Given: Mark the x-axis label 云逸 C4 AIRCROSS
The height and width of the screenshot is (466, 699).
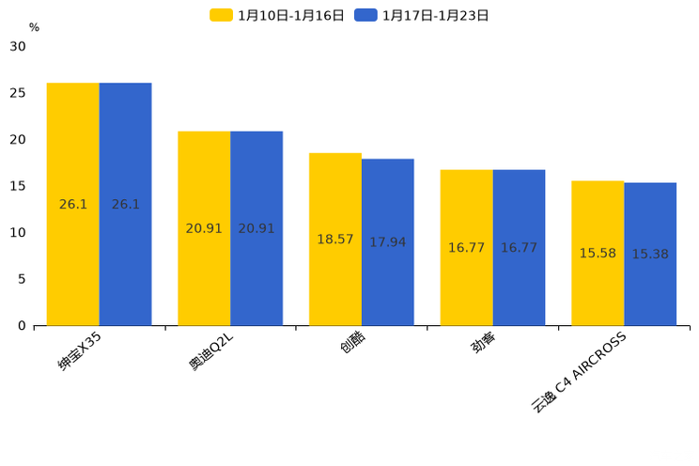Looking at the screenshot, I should [x=579, y=372].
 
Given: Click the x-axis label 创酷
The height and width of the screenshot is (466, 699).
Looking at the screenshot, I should [x=352, y=344].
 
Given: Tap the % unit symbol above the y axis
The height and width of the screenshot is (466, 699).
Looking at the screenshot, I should [x=34, y=27].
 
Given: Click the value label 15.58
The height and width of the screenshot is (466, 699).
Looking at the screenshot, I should [x=598, y=254].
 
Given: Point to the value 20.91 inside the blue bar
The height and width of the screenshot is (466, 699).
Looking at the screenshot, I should [x=256, y=228].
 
